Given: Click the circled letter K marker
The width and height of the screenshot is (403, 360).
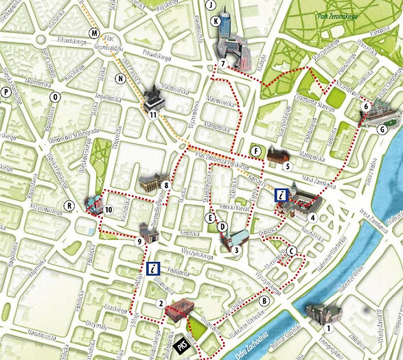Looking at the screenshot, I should point(217,21).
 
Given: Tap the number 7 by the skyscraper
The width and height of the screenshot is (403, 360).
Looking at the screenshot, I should point(224,64).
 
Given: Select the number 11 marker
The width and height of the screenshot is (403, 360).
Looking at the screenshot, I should point(154,116).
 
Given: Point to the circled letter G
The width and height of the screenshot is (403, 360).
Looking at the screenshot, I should point(382,130).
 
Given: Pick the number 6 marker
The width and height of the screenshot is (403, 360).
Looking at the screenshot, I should point(367,106).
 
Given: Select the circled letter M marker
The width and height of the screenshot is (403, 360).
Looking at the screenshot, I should point(94,35).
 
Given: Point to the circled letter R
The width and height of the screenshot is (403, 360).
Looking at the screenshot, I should point(69,205).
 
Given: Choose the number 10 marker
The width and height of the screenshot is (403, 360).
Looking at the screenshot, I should point(108,209).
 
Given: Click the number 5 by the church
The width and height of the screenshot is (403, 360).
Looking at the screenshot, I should point(288,166).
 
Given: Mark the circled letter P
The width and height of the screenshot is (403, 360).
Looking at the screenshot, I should point(6,91).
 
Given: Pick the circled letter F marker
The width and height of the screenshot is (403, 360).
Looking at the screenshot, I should point(256,151).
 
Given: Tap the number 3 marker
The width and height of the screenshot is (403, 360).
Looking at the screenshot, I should point(235,250).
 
